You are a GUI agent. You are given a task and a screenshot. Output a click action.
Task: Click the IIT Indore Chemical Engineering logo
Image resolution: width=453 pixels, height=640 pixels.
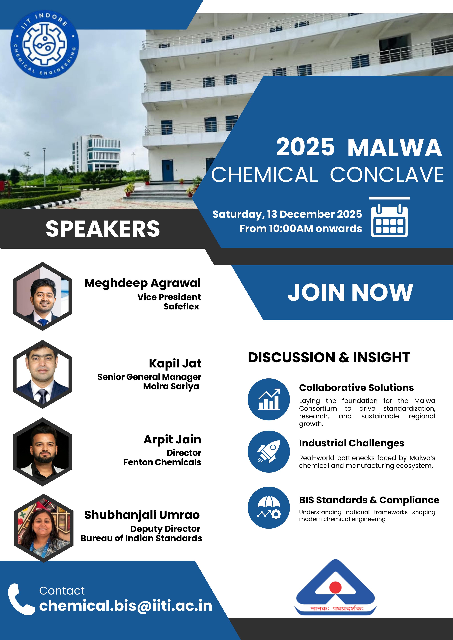[x=45, y=45]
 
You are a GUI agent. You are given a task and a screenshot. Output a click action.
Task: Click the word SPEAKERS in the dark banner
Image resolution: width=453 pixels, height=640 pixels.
[x=103, y=229]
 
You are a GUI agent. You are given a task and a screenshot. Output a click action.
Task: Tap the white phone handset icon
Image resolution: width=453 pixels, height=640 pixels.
[x=21, y=599]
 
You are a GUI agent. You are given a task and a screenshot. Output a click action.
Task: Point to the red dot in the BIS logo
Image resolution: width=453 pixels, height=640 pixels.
[x=335, y=587]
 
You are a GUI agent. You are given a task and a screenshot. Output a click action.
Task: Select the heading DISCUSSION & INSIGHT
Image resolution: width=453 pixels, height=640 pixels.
[x=329, y=358]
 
